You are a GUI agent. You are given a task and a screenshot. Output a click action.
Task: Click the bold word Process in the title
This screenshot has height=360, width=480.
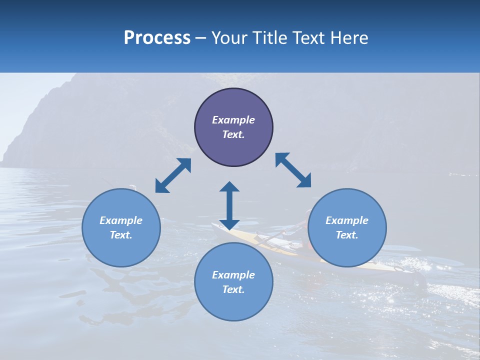(x=157, y=38)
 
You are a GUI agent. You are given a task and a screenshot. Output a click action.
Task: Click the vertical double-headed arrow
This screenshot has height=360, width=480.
(x=229, y=205)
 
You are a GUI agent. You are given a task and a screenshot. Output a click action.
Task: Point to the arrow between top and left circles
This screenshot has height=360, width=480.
(x=173, y=175)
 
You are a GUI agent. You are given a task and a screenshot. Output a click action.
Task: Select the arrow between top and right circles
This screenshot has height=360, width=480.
(x=293, y=170)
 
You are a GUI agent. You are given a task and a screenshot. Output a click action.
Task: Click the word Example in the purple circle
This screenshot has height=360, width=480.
(x=233, y=120)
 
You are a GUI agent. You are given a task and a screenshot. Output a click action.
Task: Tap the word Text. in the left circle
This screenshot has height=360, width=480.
(x=121, y=235)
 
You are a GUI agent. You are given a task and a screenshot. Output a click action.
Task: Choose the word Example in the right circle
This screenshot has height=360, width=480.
(x=347, y=220)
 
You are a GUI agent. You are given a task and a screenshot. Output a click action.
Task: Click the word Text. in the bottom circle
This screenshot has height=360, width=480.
(x=233, y=289)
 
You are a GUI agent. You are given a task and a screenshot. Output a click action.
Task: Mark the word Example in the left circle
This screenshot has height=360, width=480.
(x=121, y=220)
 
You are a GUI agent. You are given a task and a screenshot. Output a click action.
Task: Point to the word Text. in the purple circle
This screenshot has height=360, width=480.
(x=233, y=134)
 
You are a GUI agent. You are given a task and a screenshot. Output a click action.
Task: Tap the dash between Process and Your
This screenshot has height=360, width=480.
(x=201, y=38)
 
